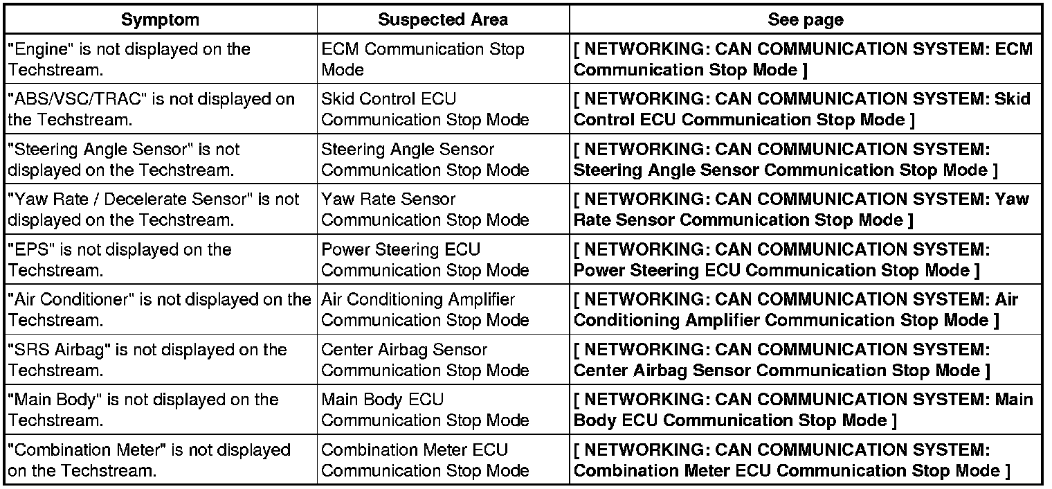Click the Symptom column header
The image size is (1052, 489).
coord(160,20)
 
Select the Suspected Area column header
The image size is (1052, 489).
coord(443,20)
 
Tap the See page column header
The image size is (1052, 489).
coord(805,20)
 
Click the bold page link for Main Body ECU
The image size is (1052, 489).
coord(803,409)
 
